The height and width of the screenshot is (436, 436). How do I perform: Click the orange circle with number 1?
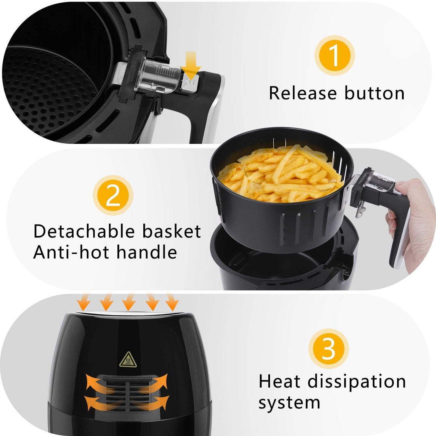334,56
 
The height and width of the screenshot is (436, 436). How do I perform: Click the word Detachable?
84,231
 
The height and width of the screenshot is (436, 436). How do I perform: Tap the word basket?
171,231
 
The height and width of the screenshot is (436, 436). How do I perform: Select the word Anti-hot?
71,252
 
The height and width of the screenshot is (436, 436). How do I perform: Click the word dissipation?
357,382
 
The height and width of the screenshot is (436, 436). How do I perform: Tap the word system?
289,402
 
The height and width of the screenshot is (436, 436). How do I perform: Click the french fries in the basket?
281,175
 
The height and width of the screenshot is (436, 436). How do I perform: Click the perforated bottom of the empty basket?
45,91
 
